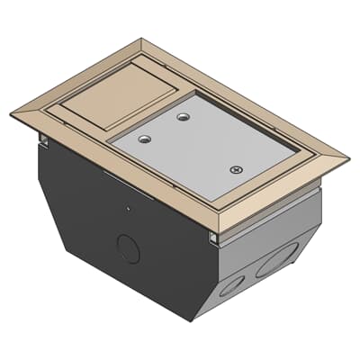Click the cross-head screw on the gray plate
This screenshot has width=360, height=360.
[237, 168]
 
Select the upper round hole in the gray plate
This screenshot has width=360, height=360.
[184, 117]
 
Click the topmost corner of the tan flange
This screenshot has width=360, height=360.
[140, 38]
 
